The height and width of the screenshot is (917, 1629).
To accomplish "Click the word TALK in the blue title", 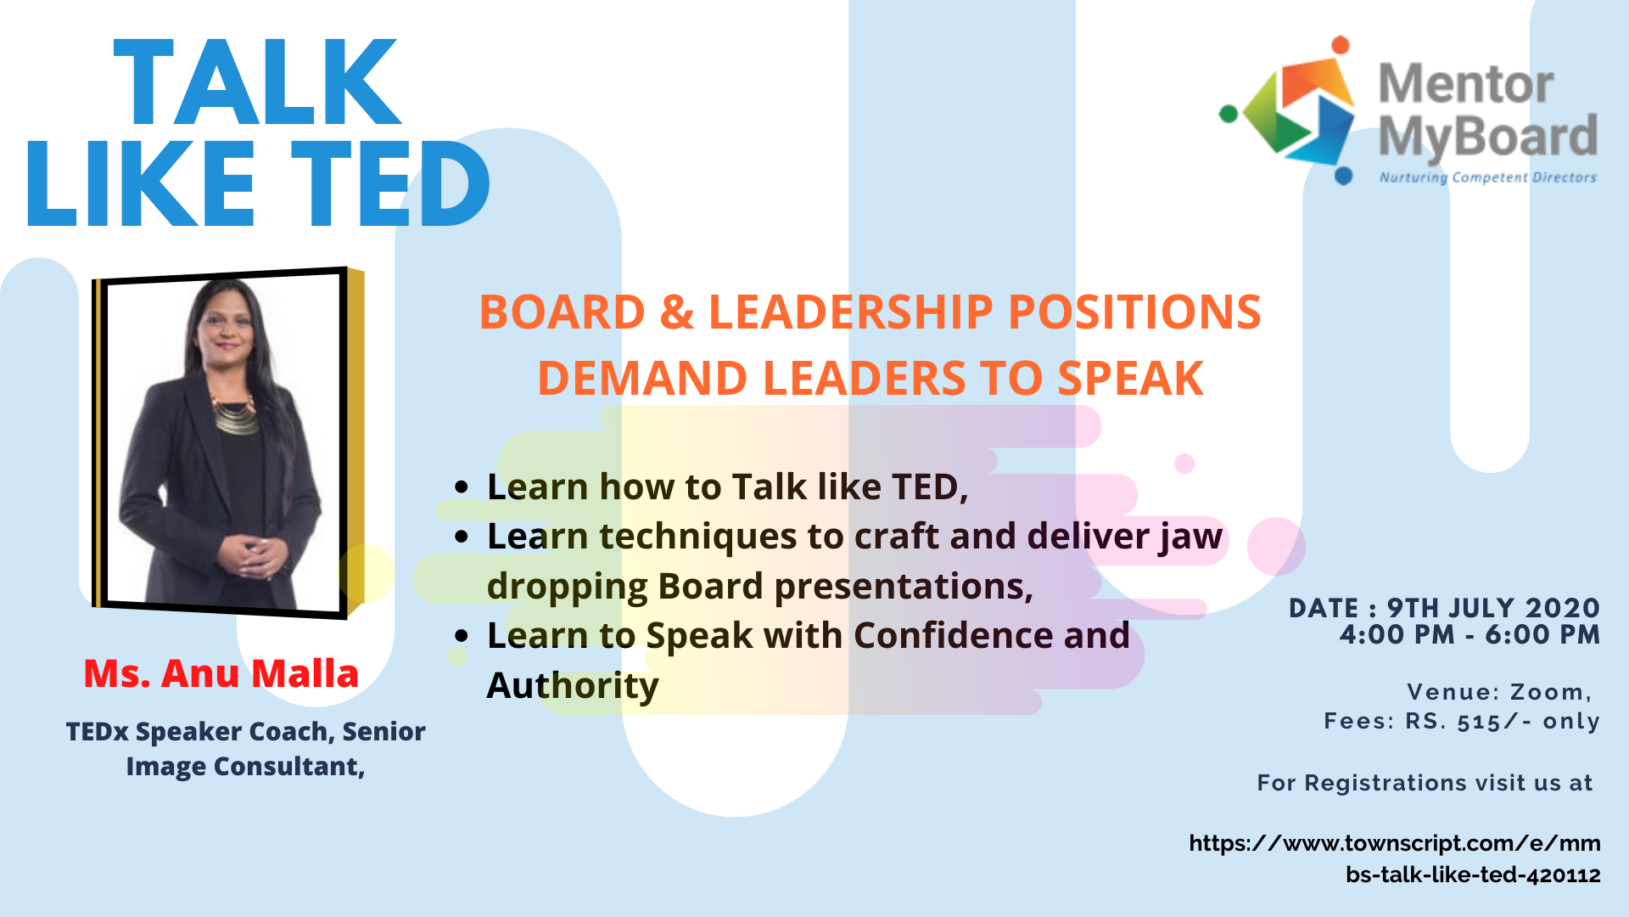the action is tap(256, 82).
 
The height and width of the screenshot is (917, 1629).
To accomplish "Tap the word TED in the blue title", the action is tap(391, 183).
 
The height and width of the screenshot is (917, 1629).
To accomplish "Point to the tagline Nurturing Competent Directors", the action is tap(1488, 177).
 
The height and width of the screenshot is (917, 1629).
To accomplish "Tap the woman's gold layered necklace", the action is tap(235, 414).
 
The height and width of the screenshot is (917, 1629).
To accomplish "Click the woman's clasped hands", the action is tap(252, 556).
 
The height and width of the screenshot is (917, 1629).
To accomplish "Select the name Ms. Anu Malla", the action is tap(221, 673).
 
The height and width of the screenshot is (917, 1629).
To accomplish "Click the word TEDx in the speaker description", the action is tap(98, 731).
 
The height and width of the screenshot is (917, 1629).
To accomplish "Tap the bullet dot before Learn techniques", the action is tap(462, 537).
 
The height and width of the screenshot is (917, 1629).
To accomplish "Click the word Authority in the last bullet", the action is tap(573, 686).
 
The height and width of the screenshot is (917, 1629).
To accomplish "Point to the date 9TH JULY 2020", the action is tap(1494, 608).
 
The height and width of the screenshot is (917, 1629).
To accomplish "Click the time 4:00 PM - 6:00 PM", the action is tap(1470, 634).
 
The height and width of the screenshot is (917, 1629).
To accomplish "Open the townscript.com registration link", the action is tap(1395, 858).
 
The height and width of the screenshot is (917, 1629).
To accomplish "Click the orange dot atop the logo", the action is tap(1341, 45).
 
